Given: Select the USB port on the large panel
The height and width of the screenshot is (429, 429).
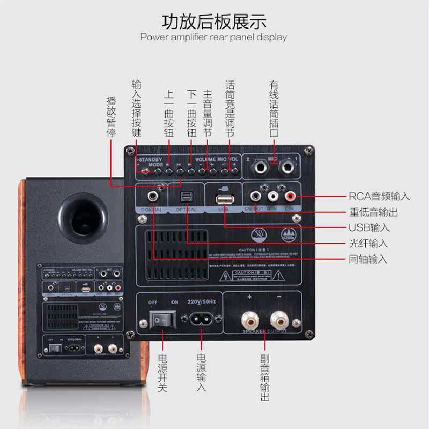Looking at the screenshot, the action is (x=223, y=199).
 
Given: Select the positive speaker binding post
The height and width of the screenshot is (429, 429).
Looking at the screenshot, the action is (x=250, y=321).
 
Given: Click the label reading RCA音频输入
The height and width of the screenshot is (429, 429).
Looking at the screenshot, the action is (x=379, y=197).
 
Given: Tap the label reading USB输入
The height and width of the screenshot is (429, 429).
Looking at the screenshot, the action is (x=368, y=227).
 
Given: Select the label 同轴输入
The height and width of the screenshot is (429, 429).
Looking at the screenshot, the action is (x=368, y=260).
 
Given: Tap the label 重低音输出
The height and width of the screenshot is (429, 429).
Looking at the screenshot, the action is (x=373, y=212).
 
